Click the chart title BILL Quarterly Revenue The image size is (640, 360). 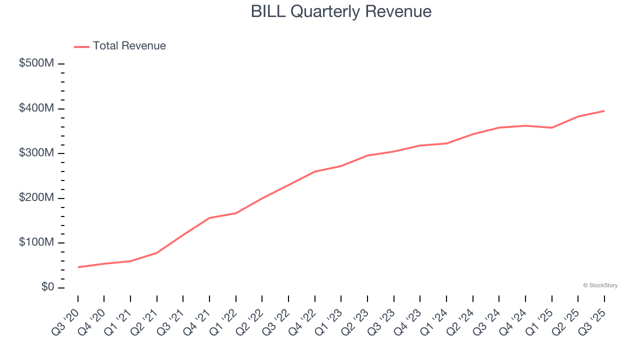pos(341,11)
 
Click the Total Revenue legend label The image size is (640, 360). pos(129,46)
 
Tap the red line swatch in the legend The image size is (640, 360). pos(81,46)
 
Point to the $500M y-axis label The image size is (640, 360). pos(37,63)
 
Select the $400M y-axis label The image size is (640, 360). pos(37,108)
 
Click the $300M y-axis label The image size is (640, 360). pos(37,153)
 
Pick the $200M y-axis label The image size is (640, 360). pos(37,198)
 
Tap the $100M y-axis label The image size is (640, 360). pos(37,242)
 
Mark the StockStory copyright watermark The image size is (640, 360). pos(600,285)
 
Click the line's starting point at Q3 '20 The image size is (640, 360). pos(78,267)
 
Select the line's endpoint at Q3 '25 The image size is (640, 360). pos(604,111)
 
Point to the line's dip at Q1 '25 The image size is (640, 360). pos(551,127)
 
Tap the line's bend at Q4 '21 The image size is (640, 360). pos(209,218)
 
